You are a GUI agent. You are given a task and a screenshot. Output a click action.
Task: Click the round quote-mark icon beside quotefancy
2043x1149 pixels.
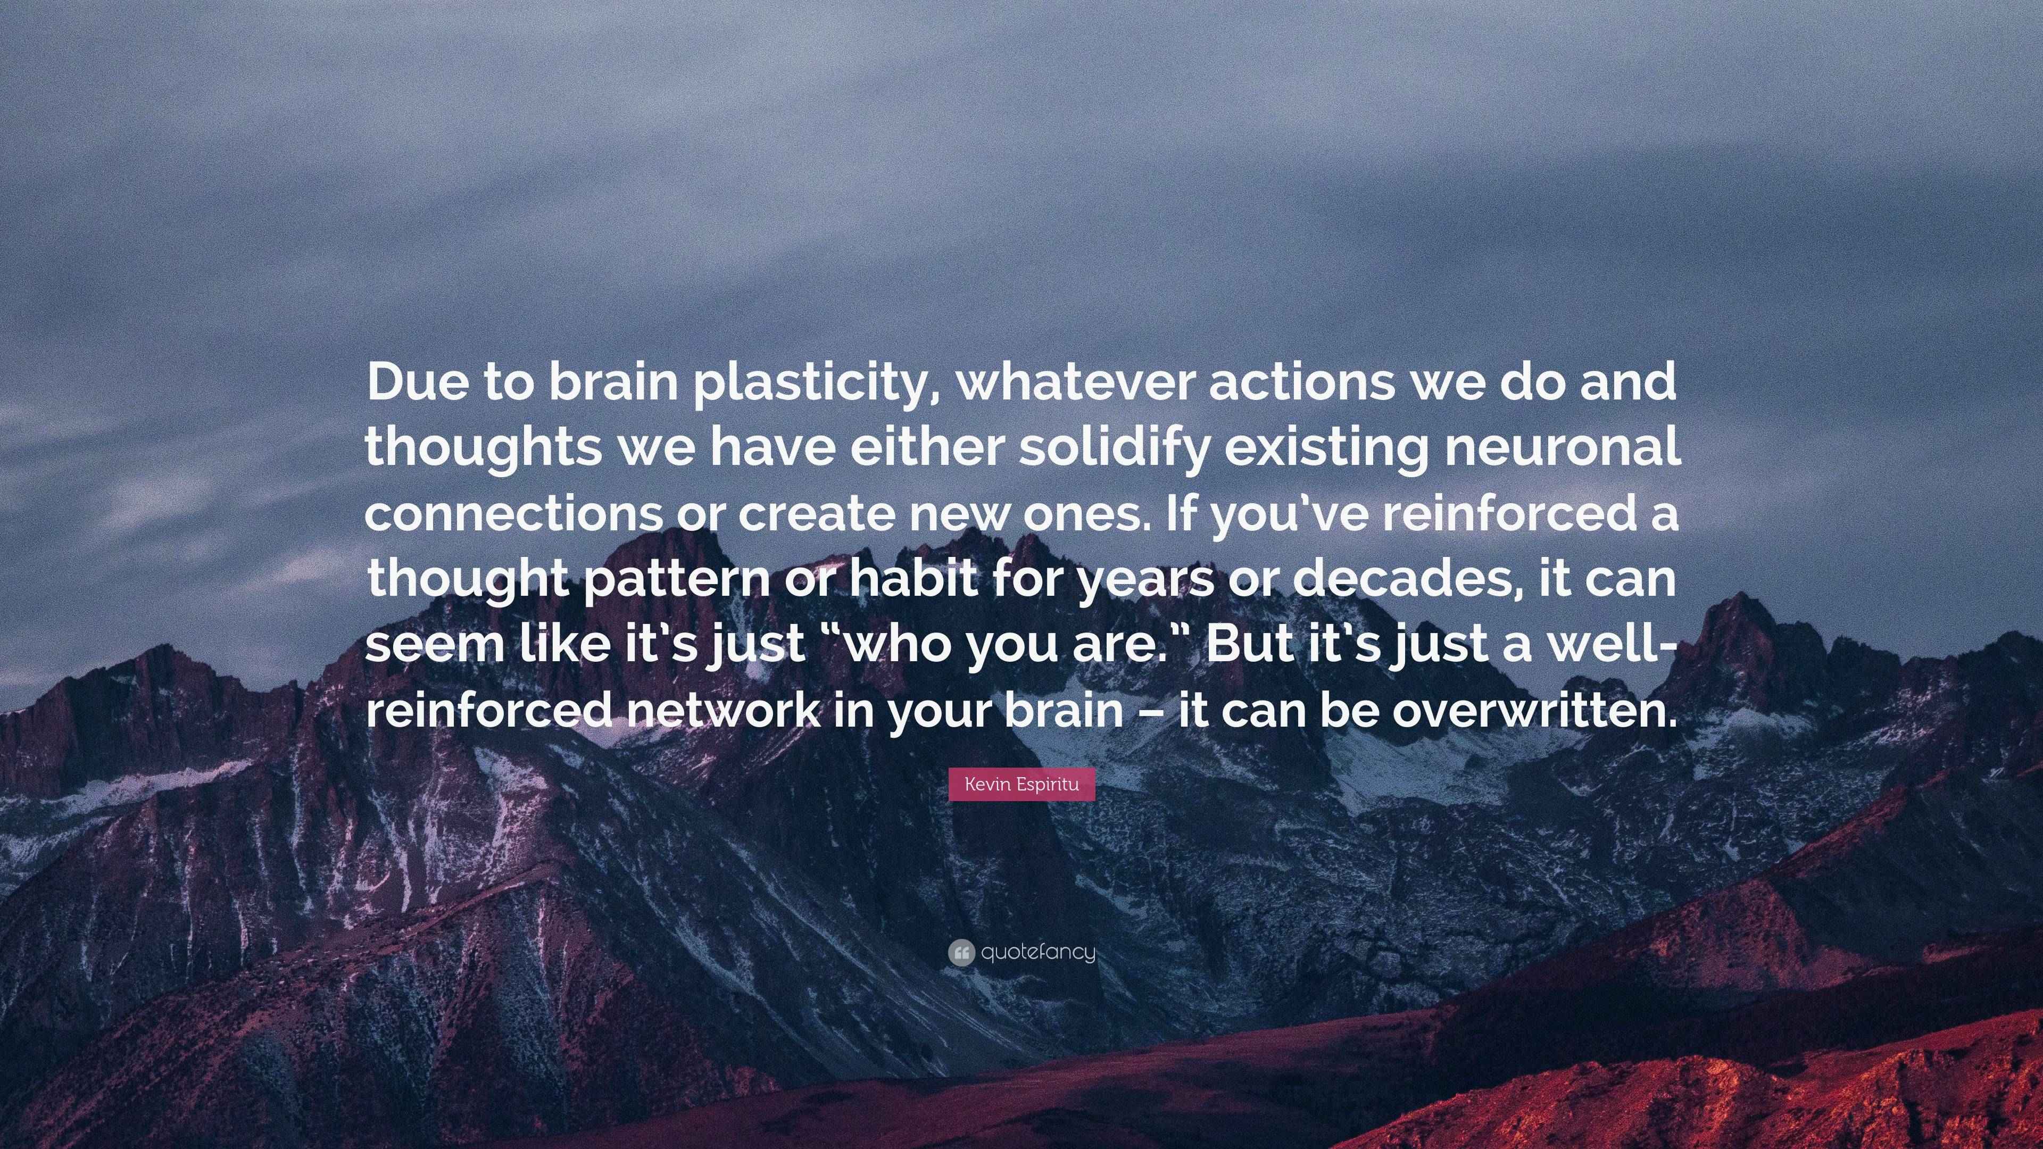[x=960, y=952]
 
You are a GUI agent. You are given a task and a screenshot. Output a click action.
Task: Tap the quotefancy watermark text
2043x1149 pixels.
[x=1037, y=952]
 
